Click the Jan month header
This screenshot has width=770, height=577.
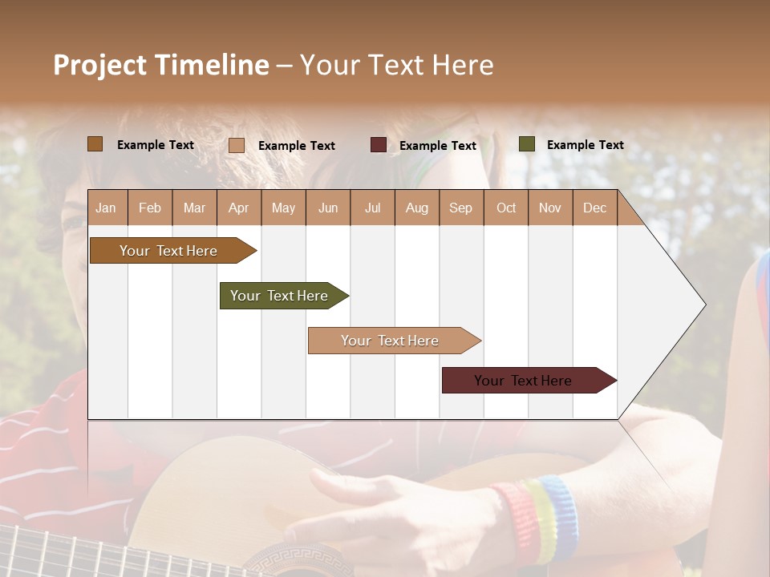106,208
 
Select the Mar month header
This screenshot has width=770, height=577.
194,208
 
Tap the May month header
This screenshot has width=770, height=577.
283,208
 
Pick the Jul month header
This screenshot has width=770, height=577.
372,208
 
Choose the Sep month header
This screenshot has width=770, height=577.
460,208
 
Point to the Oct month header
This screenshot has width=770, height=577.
506,208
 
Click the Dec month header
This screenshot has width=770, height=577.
594,208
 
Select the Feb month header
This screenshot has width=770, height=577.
150,208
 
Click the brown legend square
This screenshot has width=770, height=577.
95,144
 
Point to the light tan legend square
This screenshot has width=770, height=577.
237,145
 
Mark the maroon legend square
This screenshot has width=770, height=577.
379,145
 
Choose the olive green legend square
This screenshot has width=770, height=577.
526,144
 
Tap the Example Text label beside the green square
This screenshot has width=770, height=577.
585,145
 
